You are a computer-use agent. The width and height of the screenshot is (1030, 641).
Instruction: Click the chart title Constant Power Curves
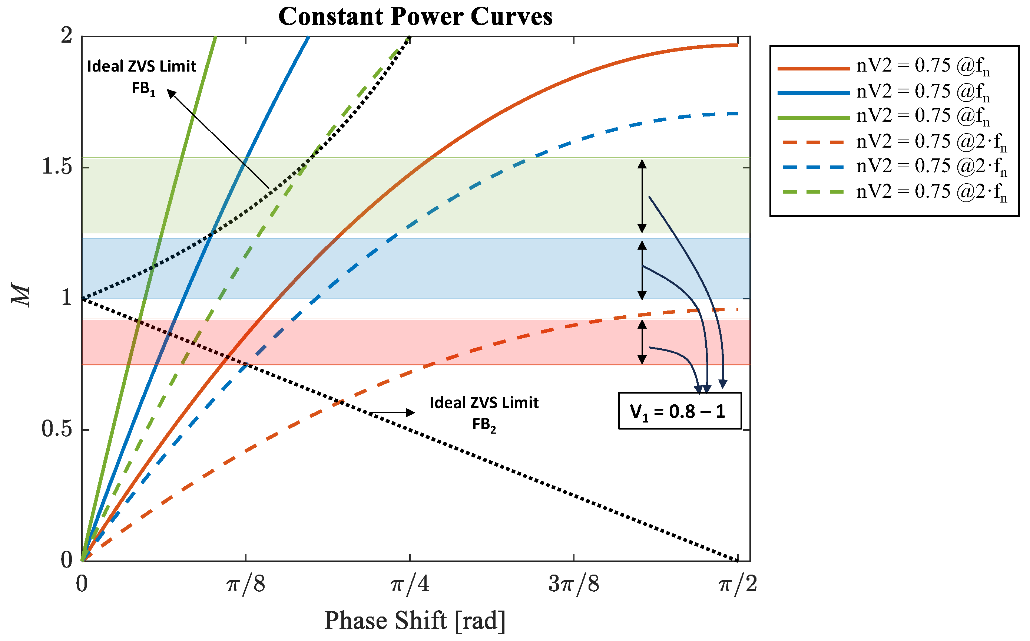[x=415, y=17]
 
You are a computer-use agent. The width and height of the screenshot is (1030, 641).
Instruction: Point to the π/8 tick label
[x=246, y=584]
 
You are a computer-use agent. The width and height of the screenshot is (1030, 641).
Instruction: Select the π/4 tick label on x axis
[x=410, y=584]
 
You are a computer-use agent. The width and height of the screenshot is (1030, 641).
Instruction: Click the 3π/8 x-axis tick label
[x=574, y=584]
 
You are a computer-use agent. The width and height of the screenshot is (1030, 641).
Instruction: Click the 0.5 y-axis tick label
[x=57, y=429]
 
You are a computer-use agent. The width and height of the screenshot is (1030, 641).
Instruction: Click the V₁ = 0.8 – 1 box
[x=679, y=411]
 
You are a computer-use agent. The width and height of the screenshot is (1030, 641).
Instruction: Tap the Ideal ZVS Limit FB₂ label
[x=484, y=413]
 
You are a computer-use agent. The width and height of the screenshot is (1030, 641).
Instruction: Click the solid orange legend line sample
[x=814, y=68]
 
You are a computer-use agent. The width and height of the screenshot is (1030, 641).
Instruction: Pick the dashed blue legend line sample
[x=814, y=167]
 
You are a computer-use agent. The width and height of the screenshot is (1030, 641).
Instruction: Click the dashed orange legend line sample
[x=814, y=142]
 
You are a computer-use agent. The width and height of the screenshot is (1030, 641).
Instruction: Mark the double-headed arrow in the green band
[x=642, y=196]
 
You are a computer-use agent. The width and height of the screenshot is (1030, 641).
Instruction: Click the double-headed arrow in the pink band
[x=642, y=342]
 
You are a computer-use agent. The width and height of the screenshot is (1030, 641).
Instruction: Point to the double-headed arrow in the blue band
[x=642, y=270]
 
